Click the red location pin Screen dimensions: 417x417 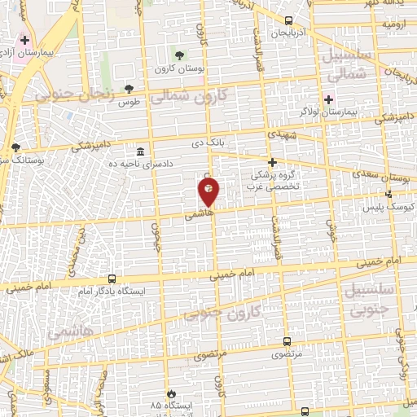[x=208, y=190]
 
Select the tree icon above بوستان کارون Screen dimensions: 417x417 [x=179, y=55]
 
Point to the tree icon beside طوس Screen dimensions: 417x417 [x=129, y=89]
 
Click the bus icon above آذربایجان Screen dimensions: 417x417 [x=289, y=22]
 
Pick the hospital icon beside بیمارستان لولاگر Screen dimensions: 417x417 [x=329, y=99]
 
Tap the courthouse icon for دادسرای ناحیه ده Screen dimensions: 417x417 [x=141, y=152]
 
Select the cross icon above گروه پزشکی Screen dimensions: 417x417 [x=272, y=162]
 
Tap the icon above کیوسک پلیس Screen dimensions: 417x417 [x=389, y=194]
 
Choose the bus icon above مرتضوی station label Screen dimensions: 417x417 [x=287, y=342]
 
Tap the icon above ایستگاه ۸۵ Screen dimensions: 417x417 [x=170, y=393]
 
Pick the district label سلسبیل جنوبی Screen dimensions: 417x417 [x=371, y=300]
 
